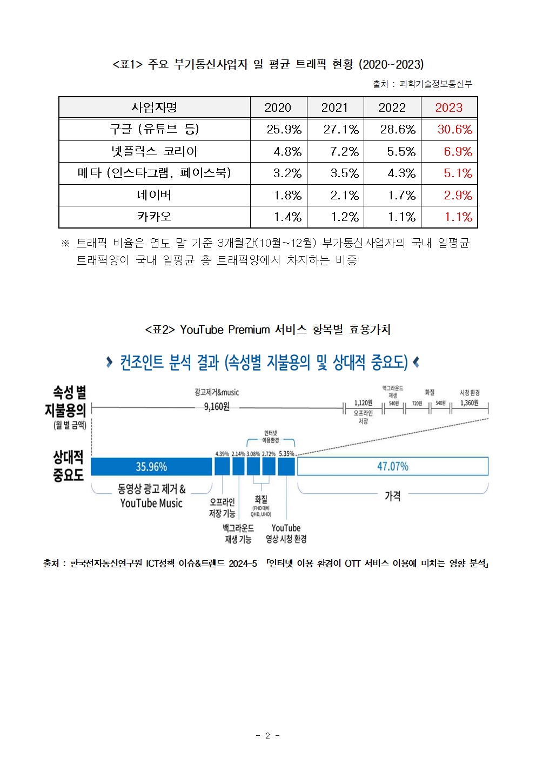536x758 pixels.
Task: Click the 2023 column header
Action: [448, 108]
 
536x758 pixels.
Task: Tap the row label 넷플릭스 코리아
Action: [155, 151]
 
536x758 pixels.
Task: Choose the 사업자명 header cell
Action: [155, 108]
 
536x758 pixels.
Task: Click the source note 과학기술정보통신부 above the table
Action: [435, 84]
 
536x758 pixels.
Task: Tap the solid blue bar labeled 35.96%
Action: [151, 466]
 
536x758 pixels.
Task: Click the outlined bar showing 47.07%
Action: [392, 466]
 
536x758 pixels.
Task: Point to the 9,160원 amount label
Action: [217, 406]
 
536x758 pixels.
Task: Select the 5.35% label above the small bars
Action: [286, 454]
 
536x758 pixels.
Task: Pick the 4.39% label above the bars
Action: [222, 454]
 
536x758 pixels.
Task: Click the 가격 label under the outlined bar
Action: [392, 496]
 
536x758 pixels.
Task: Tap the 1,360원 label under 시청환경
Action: [469, 403]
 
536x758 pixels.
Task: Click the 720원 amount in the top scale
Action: [417, 404]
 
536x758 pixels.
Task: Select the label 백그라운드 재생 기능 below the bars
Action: [238, 533]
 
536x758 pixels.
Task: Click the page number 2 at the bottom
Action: [267, 735]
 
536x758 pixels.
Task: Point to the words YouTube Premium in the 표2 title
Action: [225, 330]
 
